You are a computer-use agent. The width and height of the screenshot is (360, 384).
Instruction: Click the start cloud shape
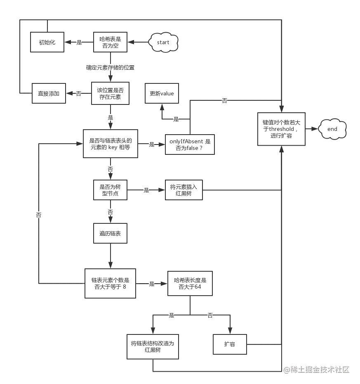[x=163, y=42]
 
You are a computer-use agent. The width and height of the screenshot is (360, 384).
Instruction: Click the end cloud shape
[x=332, y=129]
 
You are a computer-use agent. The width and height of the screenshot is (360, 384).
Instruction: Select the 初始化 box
[x=47, y=42]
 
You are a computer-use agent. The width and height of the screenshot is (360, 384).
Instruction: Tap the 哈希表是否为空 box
[x=110, y=42]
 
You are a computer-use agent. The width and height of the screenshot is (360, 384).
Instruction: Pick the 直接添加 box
[x=49, y=93]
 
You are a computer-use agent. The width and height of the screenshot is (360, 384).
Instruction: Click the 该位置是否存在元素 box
[x=110, y=93]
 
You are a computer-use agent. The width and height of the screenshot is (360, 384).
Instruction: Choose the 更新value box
[x=162, y=93]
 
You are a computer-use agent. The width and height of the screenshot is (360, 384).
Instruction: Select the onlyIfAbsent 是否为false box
[x=190, y=145]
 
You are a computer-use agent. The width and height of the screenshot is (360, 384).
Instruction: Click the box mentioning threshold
[x=282, y=129]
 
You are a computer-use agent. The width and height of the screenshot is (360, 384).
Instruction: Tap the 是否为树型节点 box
[x=110, y=190]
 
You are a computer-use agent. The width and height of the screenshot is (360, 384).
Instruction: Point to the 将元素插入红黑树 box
[x=184, y=190]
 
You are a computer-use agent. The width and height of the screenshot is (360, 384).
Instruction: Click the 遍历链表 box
[x=110, y=233]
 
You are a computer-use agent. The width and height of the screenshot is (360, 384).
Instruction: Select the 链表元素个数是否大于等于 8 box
[x=110, y=283]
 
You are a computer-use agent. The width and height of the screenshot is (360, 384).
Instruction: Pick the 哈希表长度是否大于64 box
[x=190, y=283]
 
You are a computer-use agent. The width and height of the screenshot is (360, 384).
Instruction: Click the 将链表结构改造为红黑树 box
[x=153, y=347]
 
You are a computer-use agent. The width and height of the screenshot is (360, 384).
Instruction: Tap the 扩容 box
[x=230, y=344]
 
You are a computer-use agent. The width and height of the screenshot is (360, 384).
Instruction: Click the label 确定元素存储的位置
[x=110, y=68]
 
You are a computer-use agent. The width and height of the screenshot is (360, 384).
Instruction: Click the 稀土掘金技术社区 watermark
[x=316, y=370]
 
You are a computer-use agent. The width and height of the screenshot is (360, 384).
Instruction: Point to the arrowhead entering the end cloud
[x=315, y=129]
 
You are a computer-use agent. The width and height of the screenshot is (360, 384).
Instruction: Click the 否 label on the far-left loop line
[x=39, y=215]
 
